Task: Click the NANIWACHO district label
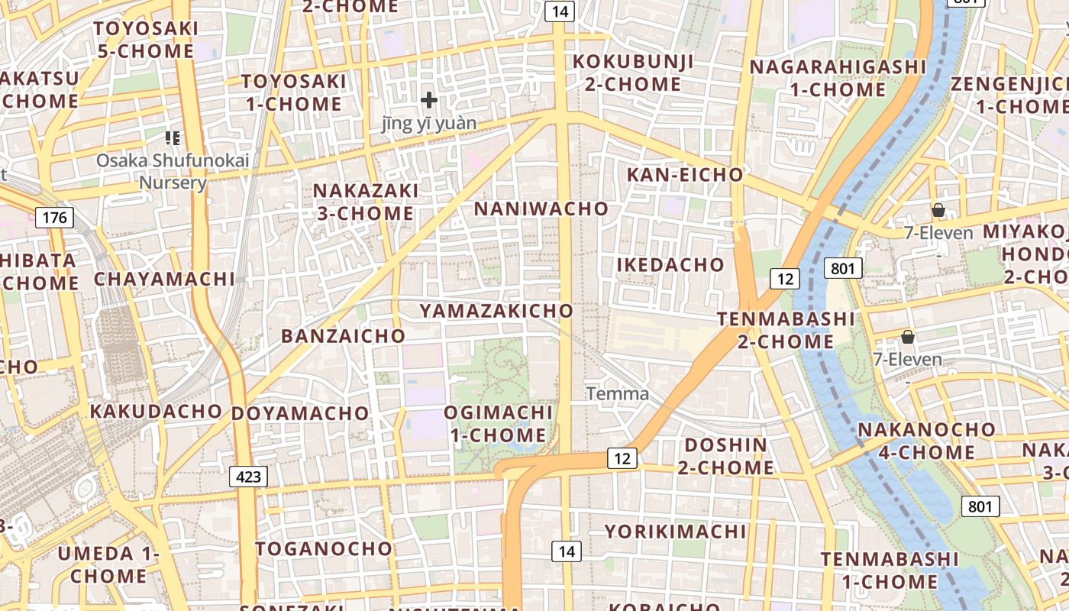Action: click(541, 209)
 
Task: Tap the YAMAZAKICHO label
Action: click(496, 311)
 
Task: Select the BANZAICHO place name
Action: click(343, 336)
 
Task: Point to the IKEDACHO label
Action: click(670, 265)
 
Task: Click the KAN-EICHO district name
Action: click(685, 175)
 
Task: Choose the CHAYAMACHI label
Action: click(164, 279)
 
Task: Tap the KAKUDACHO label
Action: click(156, 411)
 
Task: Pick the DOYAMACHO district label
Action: click(300, 413)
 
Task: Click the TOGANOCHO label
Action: click(324, 548)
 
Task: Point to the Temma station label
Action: click(618, 394)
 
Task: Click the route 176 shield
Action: click(55, 218)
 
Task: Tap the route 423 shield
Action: click(248, 477)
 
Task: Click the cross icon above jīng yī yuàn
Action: click(429, 100)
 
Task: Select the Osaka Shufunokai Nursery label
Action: click(173, 172)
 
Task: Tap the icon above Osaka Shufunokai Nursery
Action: click(173, 138)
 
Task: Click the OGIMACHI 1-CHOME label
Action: click(499, 424)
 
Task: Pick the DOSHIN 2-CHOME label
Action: click(726, 456)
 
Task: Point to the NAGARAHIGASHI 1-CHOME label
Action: click(838, 78)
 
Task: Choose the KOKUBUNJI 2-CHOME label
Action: click(633, 73)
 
